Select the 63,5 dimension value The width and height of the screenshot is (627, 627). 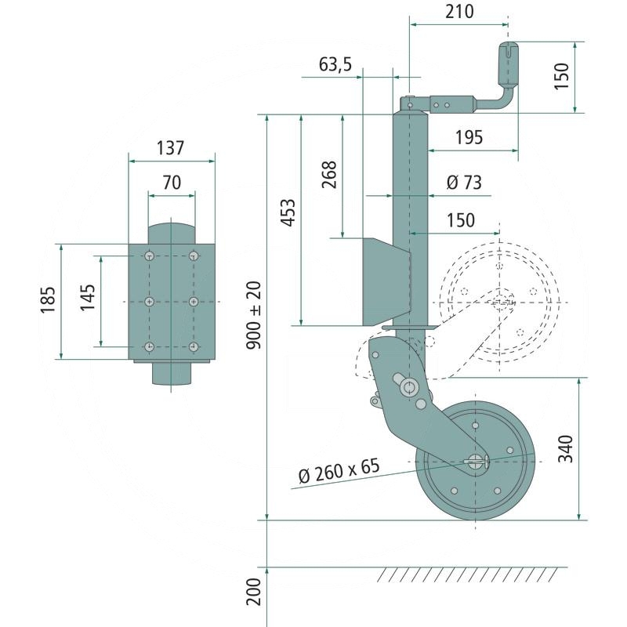point(335,64)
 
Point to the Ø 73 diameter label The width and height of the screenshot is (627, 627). point(462,183)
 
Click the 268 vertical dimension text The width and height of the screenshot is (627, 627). point(329,175)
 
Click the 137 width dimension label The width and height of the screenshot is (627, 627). point(170,147)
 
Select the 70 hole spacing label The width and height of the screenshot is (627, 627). point(171,183)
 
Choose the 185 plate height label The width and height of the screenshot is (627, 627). point(49,301)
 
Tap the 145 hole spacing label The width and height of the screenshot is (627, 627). point(88,300)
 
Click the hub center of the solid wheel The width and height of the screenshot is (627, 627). point(475,461)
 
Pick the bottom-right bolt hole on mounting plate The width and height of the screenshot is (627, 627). point(193,346)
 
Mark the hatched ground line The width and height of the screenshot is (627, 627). point(470,574)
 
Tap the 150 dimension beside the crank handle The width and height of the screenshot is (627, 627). point(562,76)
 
